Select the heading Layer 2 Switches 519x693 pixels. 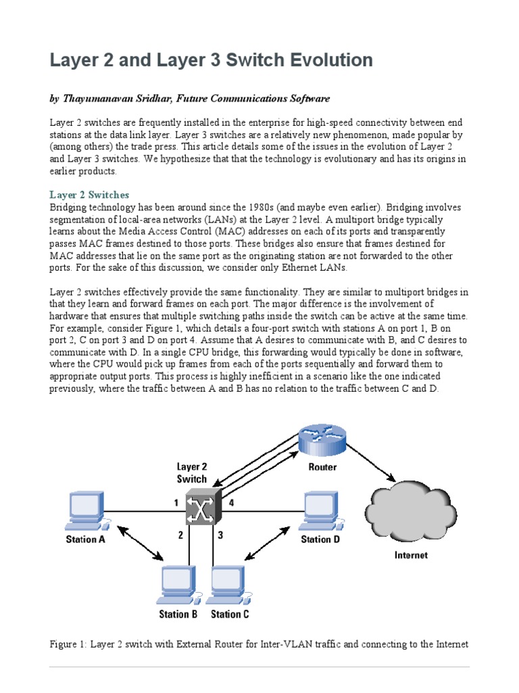pos(89,195)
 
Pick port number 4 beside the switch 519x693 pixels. pos(231,502)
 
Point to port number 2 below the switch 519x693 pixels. pos(180,535)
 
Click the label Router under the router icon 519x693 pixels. pos(322,467)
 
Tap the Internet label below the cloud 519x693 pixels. pos(411,555)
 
